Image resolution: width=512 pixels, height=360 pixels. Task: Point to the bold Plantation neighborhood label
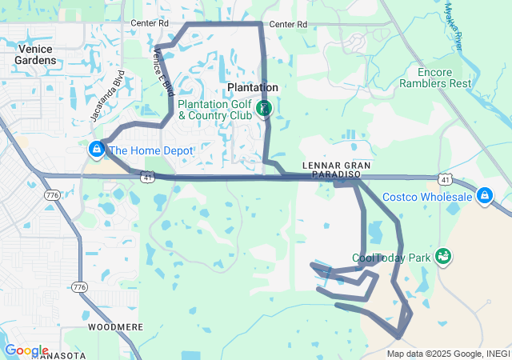click(253, 87)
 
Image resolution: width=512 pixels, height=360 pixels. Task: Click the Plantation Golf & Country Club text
click(214, 110)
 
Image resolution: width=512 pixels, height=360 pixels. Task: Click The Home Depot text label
click(151, 150)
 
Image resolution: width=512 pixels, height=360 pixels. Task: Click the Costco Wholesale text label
click(427, 197)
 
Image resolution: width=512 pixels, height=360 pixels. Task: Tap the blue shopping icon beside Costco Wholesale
click(485, 195)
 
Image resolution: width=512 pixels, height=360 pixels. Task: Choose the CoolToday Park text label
click(390, 258)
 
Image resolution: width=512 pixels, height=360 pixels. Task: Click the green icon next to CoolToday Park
click(442, 256)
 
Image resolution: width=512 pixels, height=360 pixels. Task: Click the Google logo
click(26, 350)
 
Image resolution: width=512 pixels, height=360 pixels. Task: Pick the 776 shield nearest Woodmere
click(79, 286)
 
